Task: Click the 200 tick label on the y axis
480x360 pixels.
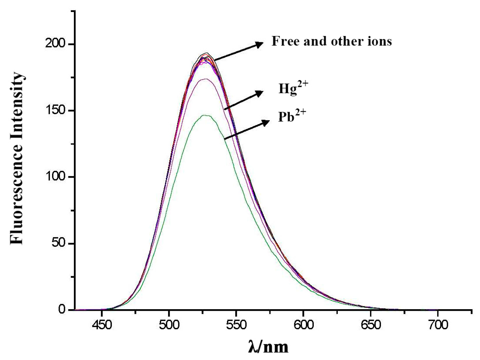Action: (55, 44)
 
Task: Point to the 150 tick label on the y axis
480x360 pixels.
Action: (55, 110)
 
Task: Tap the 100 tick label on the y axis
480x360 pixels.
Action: (55, 177)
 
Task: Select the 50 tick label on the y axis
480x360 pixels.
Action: (59, 243)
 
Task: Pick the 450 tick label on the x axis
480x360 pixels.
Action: (102, 325)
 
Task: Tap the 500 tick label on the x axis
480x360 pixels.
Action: (169, 325)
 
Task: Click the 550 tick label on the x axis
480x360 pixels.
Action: (236, 325)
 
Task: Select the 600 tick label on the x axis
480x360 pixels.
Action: (303, 325)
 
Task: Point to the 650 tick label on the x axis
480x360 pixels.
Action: (370, 325)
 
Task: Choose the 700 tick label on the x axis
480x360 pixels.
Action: (438, 325)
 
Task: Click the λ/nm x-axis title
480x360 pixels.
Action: (268, 346)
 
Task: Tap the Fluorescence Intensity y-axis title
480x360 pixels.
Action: (17, 159)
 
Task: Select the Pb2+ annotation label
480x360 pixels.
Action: (292, 116)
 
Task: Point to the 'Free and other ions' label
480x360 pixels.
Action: (332, 41)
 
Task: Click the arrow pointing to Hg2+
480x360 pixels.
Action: (244, 100)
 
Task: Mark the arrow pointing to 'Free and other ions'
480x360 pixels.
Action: (239, 52)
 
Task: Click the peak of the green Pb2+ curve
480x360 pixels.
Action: (205, 115)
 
